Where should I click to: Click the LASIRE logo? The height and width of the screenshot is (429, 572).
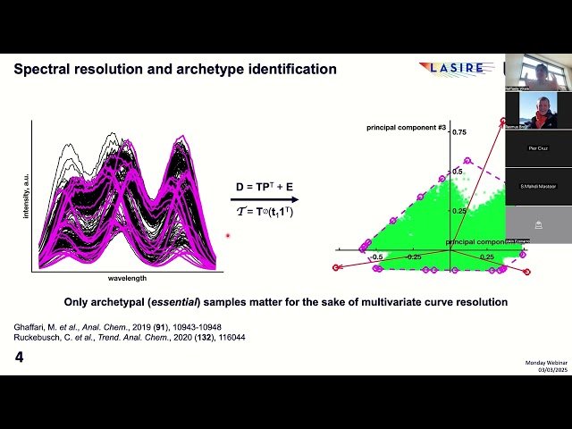[451, 68]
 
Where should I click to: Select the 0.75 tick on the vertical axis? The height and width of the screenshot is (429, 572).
[458, 131]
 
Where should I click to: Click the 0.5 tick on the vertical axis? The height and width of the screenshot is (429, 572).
[457, 170]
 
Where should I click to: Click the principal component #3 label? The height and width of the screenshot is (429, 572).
[407, 129]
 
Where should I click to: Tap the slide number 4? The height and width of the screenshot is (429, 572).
[19, 357]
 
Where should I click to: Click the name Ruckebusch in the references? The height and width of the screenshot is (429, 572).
[43, 337]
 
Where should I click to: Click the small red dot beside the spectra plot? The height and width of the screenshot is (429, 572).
[229, 236]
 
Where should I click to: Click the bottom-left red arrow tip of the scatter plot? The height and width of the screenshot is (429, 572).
[336, 267]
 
